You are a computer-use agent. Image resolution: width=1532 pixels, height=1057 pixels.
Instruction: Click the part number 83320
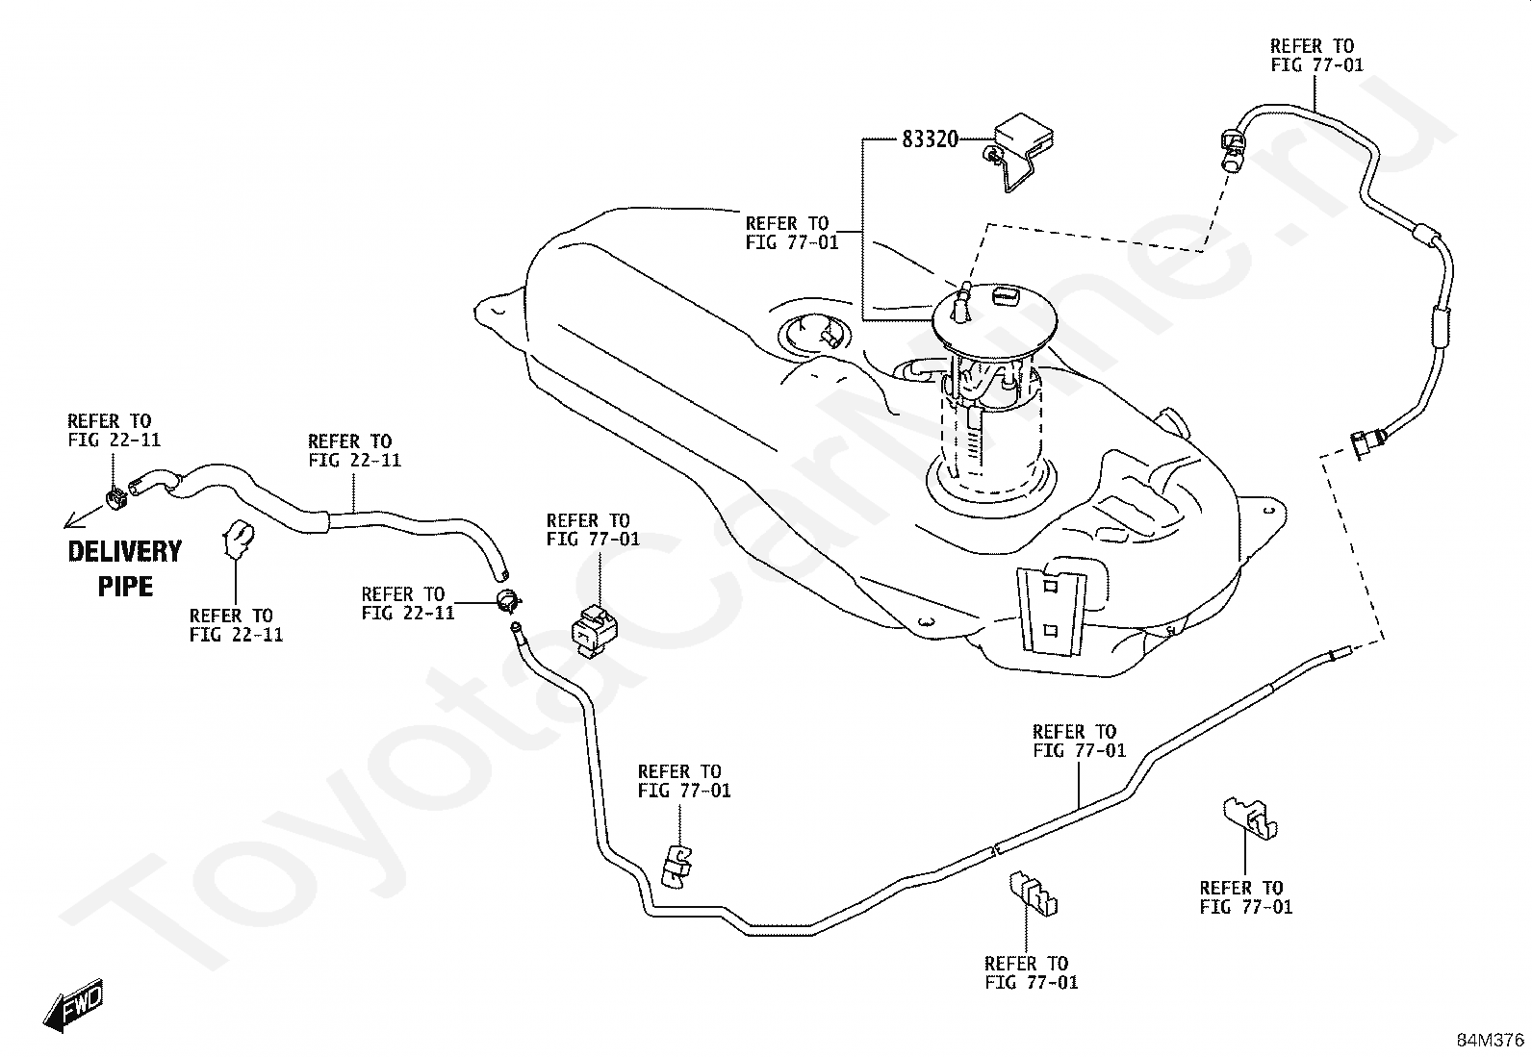coord(930,139)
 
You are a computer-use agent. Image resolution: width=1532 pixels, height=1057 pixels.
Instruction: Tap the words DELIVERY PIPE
coord(125,568)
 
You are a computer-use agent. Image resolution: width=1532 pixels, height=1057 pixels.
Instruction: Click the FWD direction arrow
coord(73,1005)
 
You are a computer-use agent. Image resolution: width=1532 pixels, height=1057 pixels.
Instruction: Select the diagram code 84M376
coord(1490,1040)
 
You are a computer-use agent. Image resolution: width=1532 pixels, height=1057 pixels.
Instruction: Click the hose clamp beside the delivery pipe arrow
coord(117,498)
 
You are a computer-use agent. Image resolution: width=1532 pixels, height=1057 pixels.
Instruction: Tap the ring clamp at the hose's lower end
coord(508,600)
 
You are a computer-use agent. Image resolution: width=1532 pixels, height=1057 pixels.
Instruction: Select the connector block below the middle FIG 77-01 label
coord(594,630)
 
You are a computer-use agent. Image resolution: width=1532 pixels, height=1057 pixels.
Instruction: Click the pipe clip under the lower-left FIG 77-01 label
coord(676,867)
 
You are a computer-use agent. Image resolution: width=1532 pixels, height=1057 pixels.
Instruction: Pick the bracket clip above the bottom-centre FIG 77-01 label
coord(1033,893)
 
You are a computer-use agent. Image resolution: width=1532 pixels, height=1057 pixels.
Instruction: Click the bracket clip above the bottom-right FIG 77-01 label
coord(1249,818)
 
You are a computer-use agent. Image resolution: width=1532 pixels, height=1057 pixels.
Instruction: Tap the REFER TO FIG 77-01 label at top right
coord(1316,56)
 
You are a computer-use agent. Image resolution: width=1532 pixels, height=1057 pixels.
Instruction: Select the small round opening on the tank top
coord(815,334)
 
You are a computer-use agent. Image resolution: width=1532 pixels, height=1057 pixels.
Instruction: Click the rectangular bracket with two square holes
coord(1051,611)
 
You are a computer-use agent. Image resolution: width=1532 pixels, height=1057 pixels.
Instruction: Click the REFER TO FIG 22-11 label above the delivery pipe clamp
coord(115,430)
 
